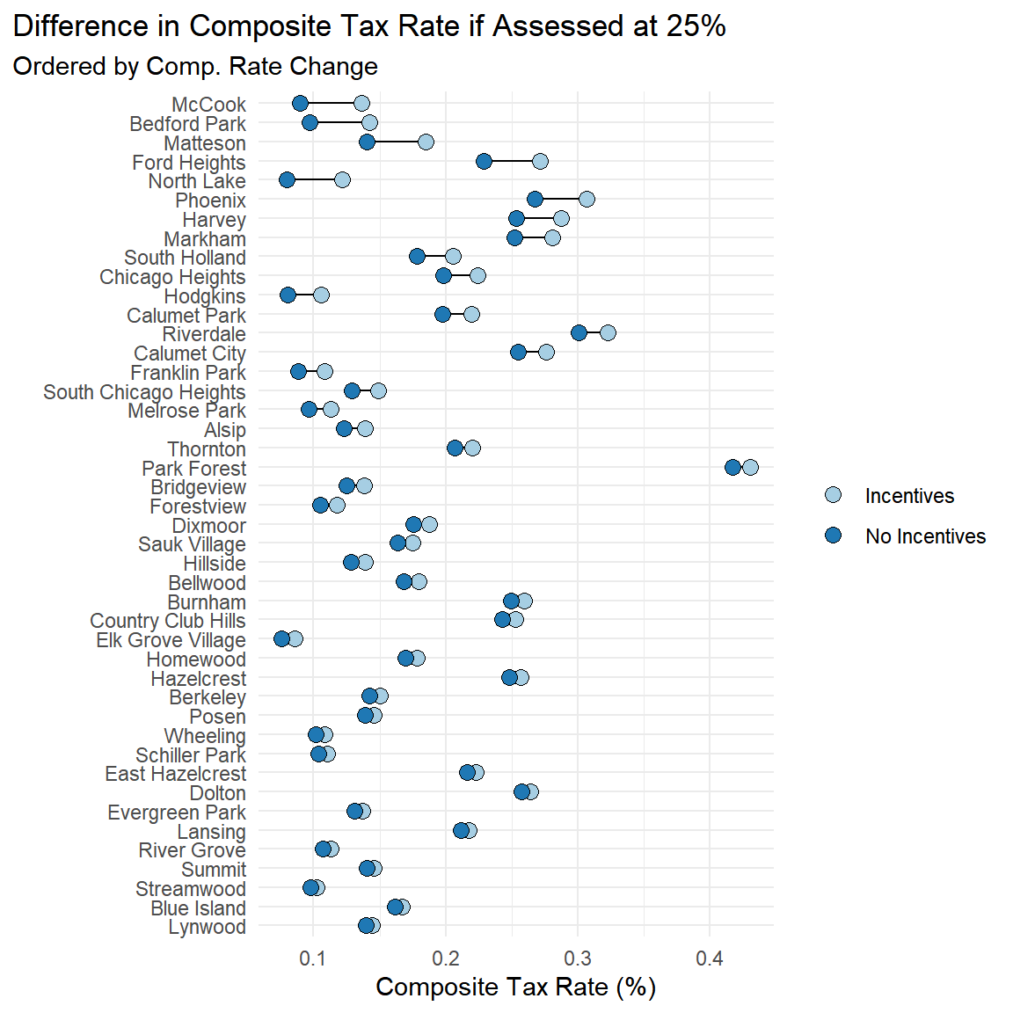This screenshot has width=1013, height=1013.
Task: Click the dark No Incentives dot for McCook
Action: click(x=300, y=104)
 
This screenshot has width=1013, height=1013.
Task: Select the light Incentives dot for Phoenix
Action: click(x=587, y=200)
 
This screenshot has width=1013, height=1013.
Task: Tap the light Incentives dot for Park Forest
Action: click(x=750, y=467)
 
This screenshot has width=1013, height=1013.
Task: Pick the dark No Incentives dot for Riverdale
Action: click(x=579, y=332)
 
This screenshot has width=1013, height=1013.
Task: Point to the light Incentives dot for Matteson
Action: click(x=426, y=142)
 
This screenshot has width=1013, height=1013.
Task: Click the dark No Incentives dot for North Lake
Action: click(x=287, y=180)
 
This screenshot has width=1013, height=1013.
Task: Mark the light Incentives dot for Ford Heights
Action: click(x=540, y=161)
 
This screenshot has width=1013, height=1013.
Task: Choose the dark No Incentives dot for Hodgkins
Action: click(x=288, y=295)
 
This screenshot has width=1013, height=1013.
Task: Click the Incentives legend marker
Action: click(x=833, y=495)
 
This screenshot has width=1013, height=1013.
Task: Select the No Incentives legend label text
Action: click(x=925, y=536)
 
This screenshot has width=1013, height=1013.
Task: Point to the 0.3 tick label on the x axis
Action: click(x=578, y=958)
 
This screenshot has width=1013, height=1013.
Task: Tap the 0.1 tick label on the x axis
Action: click(x=313, y=958)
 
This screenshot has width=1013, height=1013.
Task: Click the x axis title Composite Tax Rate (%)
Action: click(x=515, y=987)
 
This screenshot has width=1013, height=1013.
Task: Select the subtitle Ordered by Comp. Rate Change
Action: click(x=195, y=67)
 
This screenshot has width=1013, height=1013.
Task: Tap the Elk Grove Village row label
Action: click(x=171, y=640)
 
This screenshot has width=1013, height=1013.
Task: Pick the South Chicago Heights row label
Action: click(x=145, y=392)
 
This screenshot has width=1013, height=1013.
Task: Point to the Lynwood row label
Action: click(x=208, y=927)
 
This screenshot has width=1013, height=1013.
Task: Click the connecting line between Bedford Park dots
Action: click(x=339, y=123)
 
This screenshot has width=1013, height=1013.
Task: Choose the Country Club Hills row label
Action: click(x=168, y=621)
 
